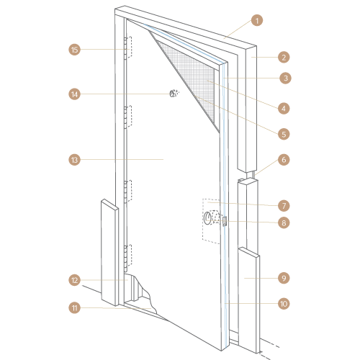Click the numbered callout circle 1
point(257,20)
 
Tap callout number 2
point(284,58)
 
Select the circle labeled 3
point(285,78)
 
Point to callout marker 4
point(284,109)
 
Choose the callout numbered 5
point(284,134)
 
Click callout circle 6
point(284,160)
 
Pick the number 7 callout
point(284,206)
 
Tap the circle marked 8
point(284,222)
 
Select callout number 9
point(284,278)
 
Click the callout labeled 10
point(284,304)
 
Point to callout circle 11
point(75,308)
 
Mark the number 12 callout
point(75,280)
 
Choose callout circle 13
point(75,160)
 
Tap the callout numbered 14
point(75,94)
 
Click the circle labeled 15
point(75,50)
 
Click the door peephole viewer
point(174,93)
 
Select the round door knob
point(208,218)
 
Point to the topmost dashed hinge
point(128,48)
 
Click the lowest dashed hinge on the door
point(128,257)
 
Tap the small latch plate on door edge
point(225,221)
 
